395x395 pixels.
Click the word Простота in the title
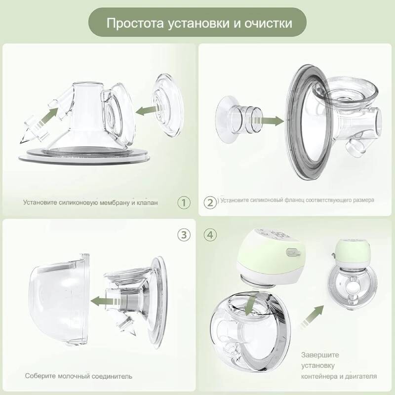[x=135, y=23]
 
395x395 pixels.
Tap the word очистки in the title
[x=268, y=23]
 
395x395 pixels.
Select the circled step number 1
[x=184, y=202]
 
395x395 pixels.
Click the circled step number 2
[x=210, y=202]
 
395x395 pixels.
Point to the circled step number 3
[x=184, y=235]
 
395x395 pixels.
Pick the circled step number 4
[x=210, y=235]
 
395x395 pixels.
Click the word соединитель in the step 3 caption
[x=112, y=376]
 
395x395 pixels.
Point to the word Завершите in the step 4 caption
[x=320, y=355]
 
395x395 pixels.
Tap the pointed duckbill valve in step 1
[x=34, y=130]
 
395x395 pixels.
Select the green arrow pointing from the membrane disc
[x=146, y=110]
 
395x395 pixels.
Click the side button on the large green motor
[x=293, y=252]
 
